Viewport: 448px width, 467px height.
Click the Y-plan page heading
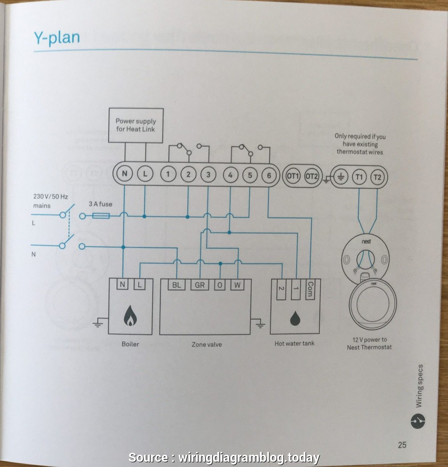(x=56, y=38)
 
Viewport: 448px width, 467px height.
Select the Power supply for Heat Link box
(x=136, y=125)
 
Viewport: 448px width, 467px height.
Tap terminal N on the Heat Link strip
(x=124, y=175)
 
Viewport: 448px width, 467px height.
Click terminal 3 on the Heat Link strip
(x=208, y=175)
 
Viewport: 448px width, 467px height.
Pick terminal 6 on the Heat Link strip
(x=268, y=175)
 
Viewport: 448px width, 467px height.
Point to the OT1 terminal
(x=293, y=176)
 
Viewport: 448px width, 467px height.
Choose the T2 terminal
(x=377, y=177)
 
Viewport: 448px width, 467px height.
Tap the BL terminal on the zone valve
(x=176, y=285)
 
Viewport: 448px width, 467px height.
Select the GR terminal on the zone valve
(x=199, y=285)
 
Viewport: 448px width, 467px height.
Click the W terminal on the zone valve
(x=237, y=285)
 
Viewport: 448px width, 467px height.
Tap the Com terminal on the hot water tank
(x=310, y=288)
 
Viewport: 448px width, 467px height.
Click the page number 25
(x=402, y=444)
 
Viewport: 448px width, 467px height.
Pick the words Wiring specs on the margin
(x=419, y=386)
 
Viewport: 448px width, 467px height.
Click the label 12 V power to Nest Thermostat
(x=369, y=343)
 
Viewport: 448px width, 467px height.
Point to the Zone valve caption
(x=207, y=344)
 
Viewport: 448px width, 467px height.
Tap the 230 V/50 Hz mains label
(x=51, y=200)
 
